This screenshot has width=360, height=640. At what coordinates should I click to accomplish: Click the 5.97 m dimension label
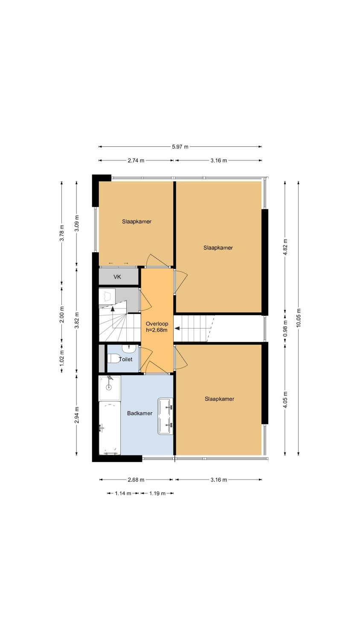[x=180, y=147]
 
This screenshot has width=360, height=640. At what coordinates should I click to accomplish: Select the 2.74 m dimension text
[x=136, y=160]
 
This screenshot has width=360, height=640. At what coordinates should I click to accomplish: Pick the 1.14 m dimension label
[x=123, y=493]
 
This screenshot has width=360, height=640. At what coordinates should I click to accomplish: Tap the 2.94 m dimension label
[x=77, y=415]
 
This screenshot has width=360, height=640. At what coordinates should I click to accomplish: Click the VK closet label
[x=117, y=276]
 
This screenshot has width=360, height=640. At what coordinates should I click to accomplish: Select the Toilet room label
[x=125, y=359]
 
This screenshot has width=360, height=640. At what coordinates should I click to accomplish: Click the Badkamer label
[x=140, y=413]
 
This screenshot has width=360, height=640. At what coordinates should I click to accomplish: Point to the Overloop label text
[x=157, y=324]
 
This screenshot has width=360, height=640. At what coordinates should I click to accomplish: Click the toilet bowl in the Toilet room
[x=113, y=358]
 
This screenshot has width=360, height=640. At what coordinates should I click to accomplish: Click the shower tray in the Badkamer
[x=110, y=388]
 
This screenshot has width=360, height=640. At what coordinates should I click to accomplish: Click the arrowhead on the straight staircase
[x=177, y=328]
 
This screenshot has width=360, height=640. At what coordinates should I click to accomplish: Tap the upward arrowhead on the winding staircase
[x=113, y=308]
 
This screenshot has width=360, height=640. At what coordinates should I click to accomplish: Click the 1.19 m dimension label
[x=157, y=493]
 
